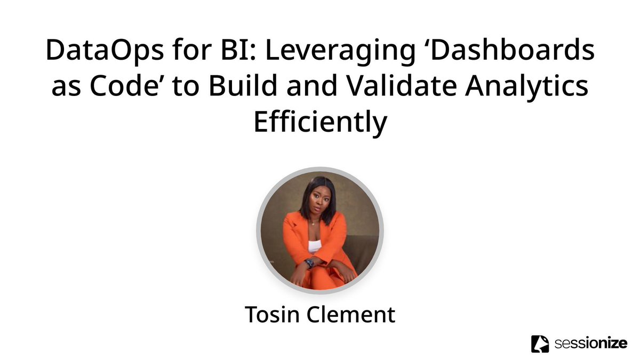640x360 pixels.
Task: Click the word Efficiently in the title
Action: pyautogui.click(x=319, y=123)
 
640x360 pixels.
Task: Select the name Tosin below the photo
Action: pyautogui.click(x=272, y=315)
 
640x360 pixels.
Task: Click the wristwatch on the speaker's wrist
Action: pyautogui.click(x=309, y=262)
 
